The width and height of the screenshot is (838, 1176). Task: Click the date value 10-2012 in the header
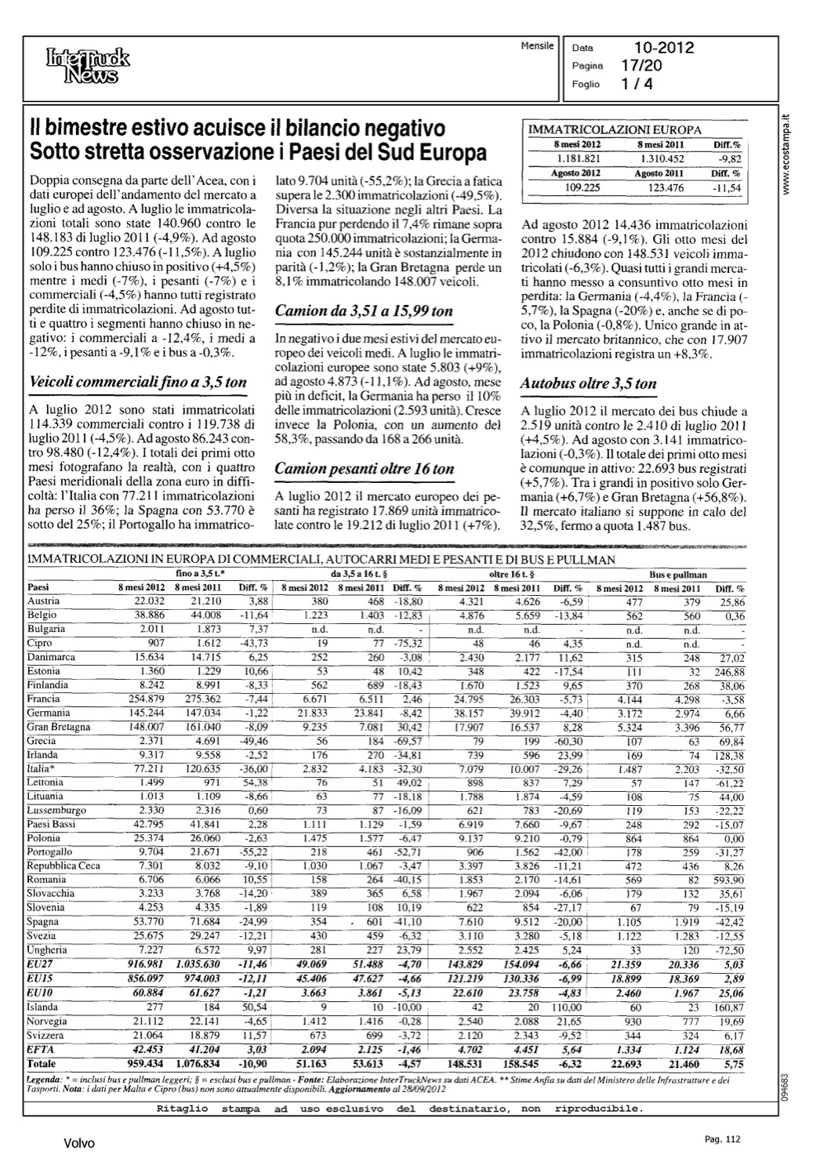pos(665,49)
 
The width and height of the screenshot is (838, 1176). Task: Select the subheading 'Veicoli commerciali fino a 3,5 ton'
pos(137,383)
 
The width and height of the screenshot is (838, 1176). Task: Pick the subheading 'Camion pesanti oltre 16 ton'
pos(365,469)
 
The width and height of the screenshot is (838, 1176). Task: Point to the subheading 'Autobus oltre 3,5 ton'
pos(589,383)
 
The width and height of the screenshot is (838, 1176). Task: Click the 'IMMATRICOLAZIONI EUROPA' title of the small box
pos(615,130)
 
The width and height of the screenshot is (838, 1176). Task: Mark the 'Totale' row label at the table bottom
pos(42,1064)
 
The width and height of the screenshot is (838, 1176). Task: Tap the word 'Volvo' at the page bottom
pos(79,1144)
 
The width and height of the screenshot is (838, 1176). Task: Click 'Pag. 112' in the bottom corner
pos(723,1139)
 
